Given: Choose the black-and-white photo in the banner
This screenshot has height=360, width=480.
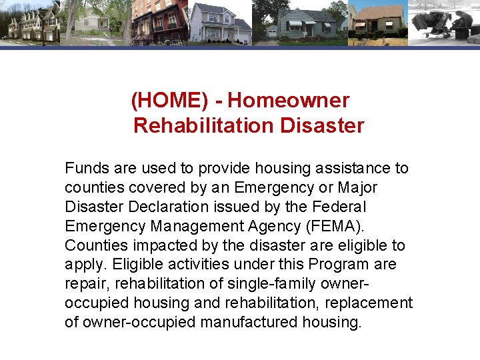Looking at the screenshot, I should (443, 22).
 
